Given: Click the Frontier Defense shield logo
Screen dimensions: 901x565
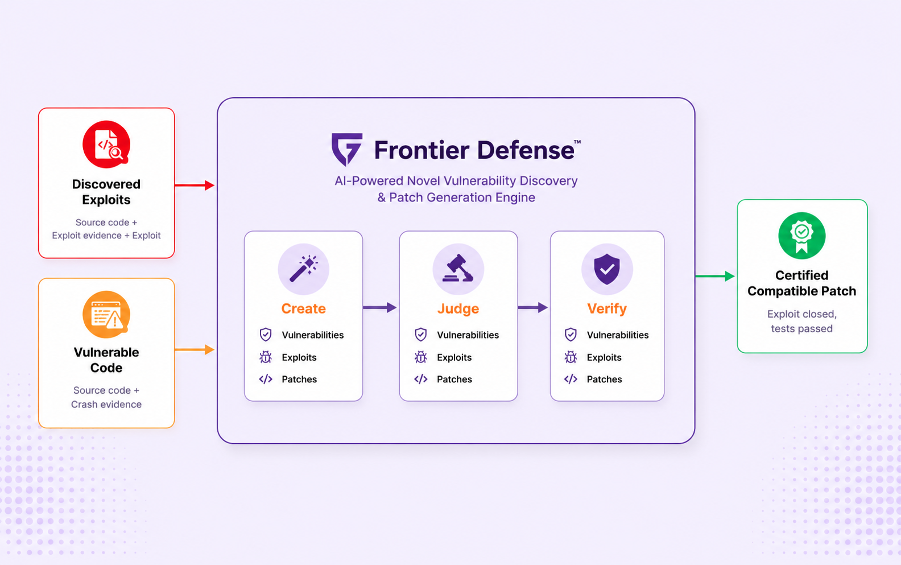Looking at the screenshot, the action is click(347, 149).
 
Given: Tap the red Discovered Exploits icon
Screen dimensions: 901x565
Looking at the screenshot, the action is click(106, 144).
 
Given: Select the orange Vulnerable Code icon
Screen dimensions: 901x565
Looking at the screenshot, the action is click(106, 314).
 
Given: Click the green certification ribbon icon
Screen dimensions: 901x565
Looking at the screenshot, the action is click(801, 236).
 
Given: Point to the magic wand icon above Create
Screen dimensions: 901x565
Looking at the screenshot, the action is click(304, 269).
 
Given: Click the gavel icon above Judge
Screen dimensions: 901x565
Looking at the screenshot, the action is click(458, 269).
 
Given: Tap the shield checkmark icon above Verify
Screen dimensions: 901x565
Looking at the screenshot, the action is click(607, 269).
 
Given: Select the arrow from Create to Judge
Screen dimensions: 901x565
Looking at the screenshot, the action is click(380, 307).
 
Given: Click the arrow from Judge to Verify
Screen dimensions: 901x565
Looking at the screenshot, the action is click(533, 307).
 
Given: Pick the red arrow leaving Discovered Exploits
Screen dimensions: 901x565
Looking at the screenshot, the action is click(195, 185).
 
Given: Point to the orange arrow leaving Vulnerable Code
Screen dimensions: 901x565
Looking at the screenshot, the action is click(195, 349).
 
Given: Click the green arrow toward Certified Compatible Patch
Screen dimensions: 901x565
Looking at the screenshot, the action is click(715, 276).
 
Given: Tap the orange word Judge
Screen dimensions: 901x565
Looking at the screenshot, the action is click(458, 308).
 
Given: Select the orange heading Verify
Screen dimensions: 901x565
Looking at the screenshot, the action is click(607, 308).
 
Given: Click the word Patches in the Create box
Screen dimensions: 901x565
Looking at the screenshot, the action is click(299, 379).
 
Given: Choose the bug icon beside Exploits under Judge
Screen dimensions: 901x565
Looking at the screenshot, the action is click(421, 357).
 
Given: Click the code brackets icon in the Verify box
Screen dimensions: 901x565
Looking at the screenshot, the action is click(571, 379).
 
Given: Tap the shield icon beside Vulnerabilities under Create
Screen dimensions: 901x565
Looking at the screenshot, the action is click(266, 335).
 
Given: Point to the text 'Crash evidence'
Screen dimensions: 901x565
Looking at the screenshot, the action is click(106, 404).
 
